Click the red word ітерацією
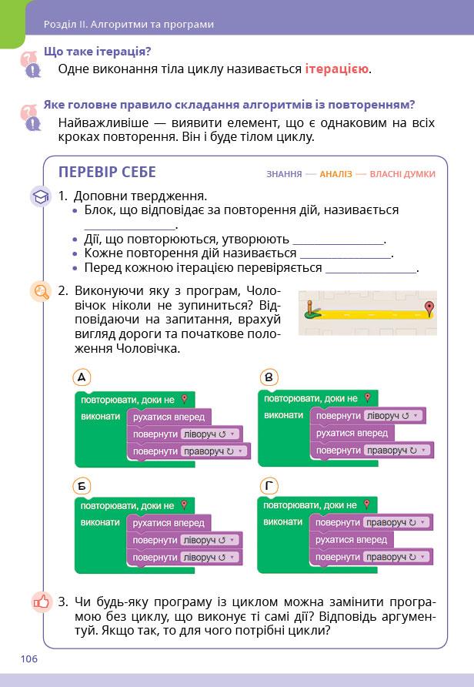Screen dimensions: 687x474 pyautogui.click(x=337, y=69)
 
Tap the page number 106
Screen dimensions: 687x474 pyautogui.click(x=29, y=659)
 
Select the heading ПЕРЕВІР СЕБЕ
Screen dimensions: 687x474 pyautogui.click(x=107, y=173)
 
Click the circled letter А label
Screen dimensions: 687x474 pyautogui.click(x=81, y=377)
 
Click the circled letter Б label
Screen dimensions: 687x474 pyautogui.click(x=81, y=485)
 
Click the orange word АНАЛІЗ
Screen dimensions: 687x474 pyautogui.click(x=335, y=174)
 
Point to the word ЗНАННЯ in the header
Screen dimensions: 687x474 pyautogui.click(x=284, y=174)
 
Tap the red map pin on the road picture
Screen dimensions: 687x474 pyautogui.click(x=429, y=309)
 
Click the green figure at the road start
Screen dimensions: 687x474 pyautogui.click(x=310, y=310)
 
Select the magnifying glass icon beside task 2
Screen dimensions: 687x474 pyautogui.click(x=40, y=292)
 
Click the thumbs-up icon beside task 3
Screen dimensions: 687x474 pyautogui.click(x=40, y=602)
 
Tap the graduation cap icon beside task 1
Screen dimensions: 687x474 pyautogui.click(x=40, y=197)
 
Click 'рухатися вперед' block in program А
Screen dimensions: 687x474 pyautogui.click(x=169, y=417)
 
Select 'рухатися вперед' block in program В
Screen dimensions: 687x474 pyautogui.click(x=351, y=434)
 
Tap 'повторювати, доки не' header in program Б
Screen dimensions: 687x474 pyautogui.click(x=128, y=506)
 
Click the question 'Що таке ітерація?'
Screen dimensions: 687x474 pyautogui.click(x=97, y=52)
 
